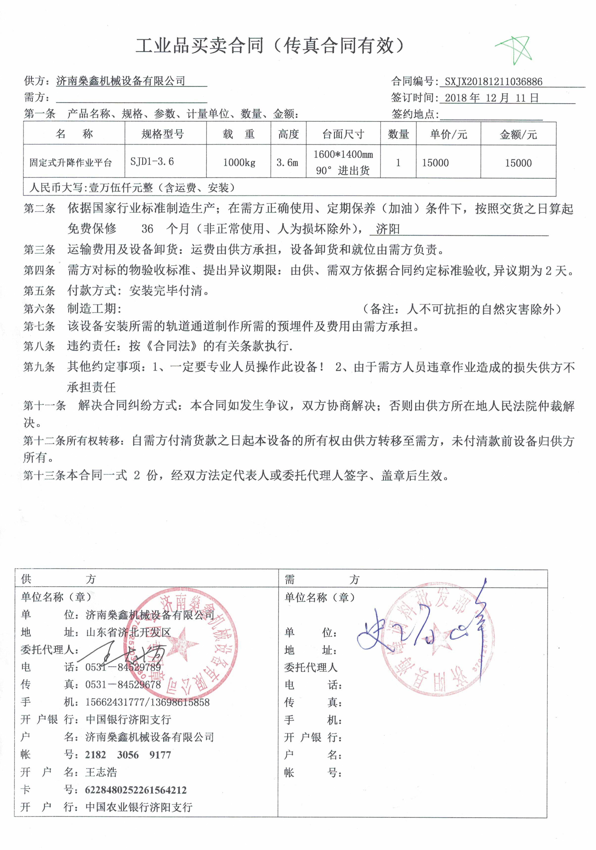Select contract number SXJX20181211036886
[493, 81]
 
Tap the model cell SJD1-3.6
[152, 162]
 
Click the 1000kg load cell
[239, 162]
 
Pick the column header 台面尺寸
[343, 134]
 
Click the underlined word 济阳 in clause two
[387, 229]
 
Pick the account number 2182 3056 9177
[128, 755]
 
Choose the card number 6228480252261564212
[136, 790]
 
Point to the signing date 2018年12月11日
[491, 98]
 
